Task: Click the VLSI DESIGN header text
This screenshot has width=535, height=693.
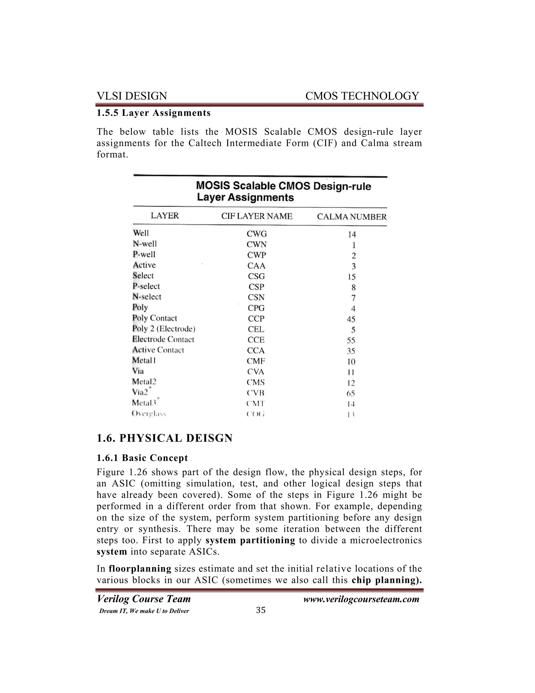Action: coord(132,96)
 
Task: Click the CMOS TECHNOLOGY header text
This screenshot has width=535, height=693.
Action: coord(362,96)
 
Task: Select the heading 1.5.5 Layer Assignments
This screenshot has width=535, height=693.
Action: coord(153,113)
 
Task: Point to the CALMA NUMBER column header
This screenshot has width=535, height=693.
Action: coord(352,217)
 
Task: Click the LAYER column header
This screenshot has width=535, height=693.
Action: coord(165,216)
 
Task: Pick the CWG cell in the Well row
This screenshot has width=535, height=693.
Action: coord(257,234)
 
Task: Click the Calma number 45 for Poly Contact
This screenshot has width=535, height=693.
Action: coord(351,319)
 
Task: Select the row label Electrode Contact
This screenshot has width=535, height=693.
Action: coord(163,339)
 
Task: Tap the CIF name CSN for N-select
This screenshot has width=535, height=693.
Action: coord(256,297)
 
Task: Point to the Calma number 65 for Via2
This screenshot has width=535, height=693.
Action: coord(351,394)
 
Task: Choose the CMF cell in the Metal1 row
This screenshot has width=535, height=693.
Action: coord(256,361)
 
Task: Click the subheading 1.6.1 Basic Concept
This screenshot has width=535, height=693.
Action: coord(142,458)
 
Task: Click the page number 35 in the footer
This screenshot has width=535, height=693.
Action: coord(260,610)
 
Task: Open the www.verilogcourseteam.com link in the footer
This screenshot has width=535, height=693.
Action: coord(361,599)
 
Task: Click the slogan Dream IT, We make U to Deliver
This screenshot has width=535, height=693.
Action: coord(144,611)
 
